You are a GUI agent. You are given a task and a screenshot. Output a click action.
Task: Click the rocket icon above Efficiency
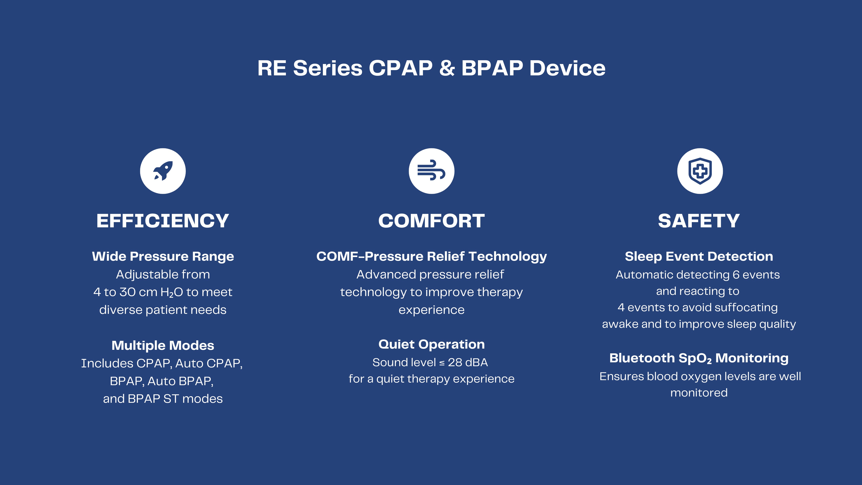[163, 171]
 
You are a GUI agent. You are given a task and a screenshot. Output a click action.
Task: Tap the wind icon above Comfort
[431, 171]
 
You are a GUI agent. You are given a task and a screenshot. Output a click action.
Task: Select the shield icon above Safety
[700, 171]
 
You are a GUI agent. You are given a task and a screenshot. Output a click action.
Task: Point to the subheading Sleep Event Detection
[699, 256]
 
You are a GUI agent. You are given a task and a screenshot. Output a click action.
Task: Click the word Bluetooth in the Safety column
[641, 358]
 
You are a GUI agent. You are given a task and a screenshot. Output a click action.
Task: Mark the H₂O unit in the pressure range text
[172, 292]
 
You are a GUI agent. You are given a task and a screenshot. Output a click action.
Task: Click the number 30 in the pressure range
[127, 292]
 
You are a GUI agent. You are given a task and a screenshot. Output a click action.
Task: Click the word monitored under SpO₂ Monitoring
[699, 393]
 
